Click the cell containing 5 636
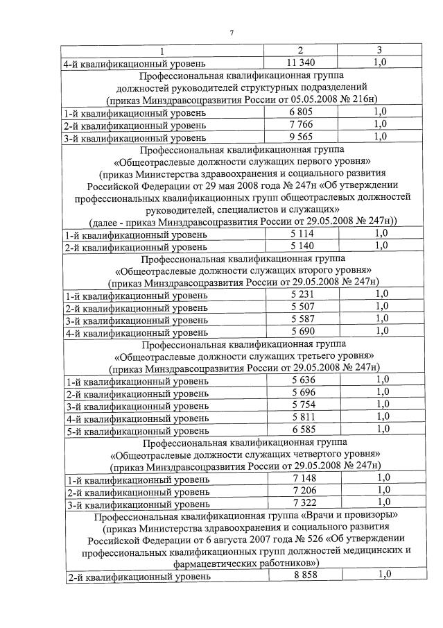click(x=304, y=380)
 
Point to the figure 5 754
click(x=304, y=405)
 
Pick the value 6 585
click(x=304, y=430)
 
